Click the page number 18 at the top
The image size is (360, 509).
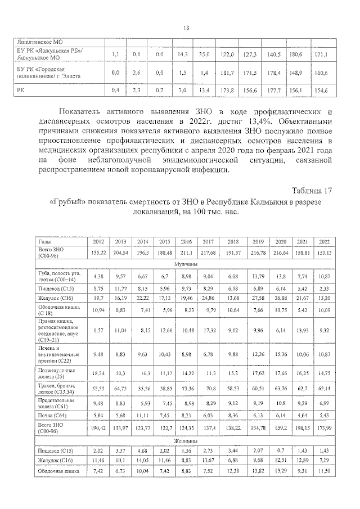tap(186, 28)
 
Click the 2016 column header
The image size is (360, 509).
tap(186, 241)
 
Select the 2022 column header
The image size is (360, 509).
tap(322, 241)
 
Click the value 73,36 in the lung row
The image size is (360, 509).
tap(186, 388)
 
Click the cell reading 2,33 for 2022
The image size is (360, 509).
tap(323, 287)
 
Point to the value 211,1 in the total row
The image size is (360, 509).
tap(186, 252)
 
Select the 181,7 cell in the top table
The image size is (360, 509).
tap(227, 73)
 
